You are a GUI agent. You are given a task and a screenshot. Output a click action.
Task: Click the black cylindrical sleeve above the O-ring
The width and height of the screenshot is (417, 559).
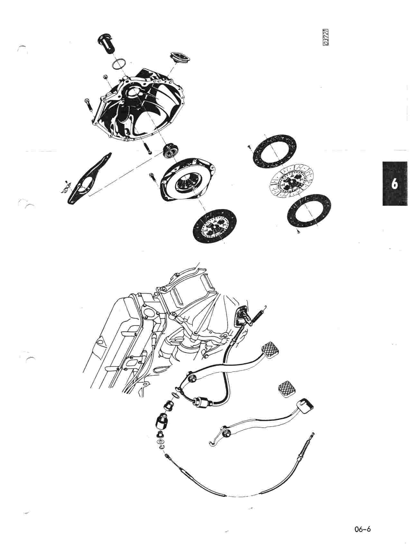click(x=107, y=42)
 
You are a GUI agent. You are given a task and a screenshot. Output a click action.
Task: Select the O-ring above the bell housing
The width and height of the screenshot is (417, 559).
click(x=118, y=64)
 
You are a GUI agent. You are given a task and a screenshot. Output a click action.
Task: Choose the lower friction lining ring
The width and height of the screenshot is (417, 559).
click(x=310, y=211)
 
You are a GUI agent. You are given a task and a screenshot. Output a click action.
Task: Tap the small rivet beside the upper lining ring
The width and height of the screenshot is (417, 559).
click(x=250, y=147)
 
